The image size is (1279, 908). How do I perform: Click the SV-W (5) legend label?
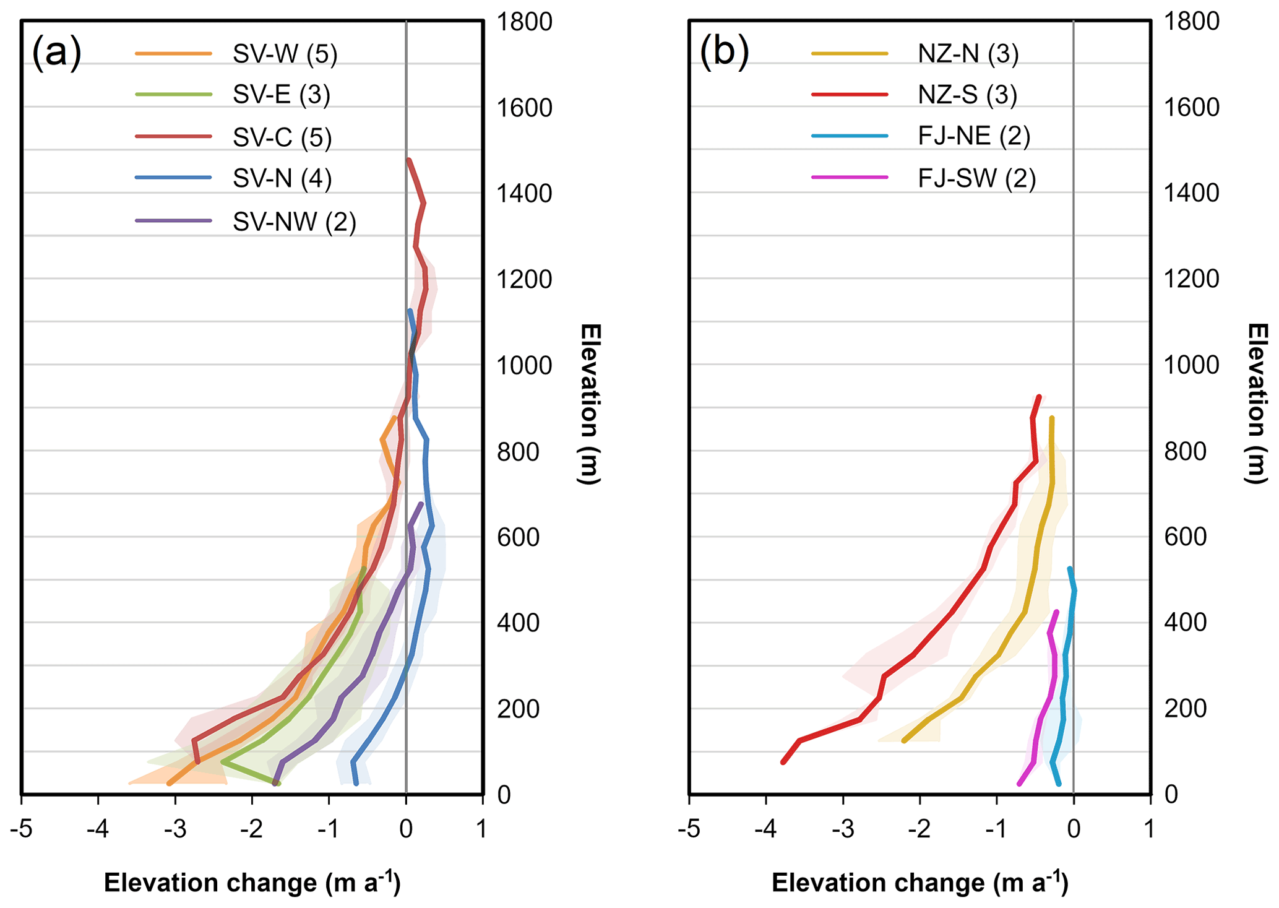pyautogui.click(x=285, y=54)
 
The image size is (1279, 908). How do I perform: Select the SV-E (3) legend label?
pyautogui.click(x=282, y=95)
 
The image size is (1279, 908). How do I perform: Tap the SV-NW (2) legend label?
pyautogui.click(x=295, y=222)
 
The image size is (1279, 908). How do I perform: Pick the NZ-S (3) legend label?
pyautogui.click(x=968, y=95)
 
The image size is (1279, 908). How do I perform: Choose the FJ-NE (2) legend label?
pyautogui.click(x=974, y=136)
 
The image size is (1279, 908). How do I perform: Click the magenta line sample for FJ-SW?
pyautogui.click(x=850, y=178)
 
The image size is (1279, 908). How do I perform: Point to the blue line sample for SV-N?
pyautogui.click(x=173, y=178)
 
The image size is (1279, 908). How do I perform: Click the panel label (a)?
pyautogui.click(x=56, y=52)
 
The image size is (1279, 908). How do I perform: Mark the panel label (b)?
pyautogui.click(x=724, y=52)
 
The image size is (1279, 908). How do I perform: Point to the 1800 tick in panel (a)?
pyautogui.click(x=524, y=22)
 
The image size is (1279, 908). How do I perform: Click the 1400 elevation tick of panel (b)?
pyautogui.click(x=1191, y=193)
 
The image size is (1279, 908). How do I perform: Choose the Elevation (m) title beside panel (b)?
pyautogui.click(x=1256, y=402)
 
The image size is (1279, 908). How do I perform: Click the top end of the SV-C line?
pyautogui.click(x=408, y=160)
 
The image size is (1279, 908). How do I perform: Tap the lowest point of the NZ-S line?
pyautogui.click(x=783, y=762)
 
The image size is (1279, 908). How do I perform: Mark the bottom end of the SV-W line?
pyautogui.click(x=169, y=784)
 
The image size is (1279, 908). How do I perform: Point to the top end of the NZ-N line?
pyautogui.click(x=1051, y=418)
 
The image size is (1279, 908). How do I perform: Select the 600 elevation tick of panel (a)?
pyautogui.click(x=524, y=537)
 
